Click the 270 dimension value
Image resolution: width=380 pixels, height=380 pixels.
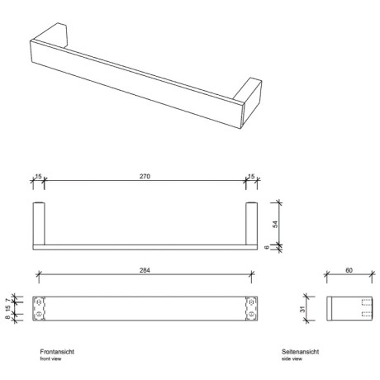click(x=145, y=178)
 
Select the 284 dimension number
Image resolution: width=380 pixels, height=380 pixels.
click(x=145, y=270)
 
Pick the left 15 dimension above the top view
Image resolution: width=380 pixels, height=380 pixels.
click(x=38, y=178)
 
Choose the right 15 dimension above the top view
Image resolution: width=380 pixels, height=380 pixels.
click(x=252, y=178)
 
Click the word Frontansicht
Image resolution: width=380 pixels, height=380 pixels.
click(x=57, y=351)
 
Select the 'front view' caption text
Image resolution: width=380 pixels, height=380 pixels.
click(x=50, y=359)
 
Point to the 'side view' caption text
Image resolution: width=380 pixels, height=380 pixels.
click(x=291, y=359)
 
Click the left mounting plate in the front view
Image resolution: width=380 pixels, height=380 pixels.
click(x=38, y=308)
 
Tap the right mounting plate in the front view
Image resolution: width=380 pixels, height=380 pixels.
click(x=253, y=308)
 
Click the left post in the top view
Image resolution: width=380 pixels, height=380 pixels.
click(x=38, y=222)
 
